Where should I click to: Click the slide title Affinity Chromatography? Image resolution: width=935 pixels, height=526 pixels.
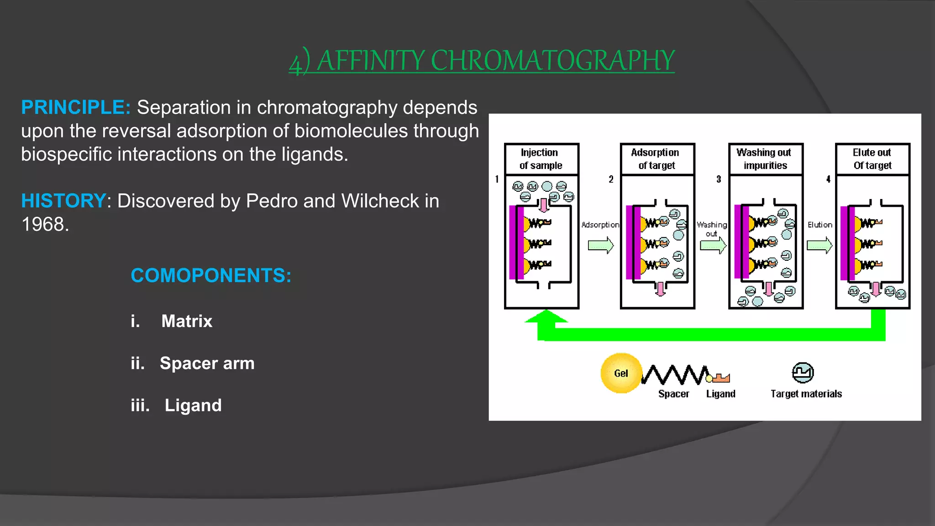482,61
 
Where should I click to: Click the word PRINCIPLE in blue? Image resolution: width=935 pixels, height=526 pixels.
76,108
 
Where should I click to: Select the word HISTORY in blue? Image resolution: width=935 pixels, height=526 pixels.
64,201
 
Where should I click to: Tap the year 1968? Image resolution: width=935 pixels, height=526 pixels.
45,224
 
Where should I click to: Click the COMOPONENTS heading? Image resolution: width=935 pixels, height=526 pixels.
211,275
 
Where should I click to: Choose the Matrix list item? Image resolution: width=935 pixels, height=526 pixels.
186,321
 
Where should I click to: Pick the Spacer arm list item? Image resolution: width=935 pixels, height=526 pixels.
207,363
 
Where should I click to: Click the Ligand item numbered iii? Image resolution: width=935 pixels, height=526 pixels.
193,405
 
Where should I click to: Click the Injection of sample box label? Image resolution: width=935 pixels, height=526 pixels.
541,159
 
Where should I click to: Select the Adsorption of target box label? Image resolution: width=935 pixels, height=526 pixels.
657,159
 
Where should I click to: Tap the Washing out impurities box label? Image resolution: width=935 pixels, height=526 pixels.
765,159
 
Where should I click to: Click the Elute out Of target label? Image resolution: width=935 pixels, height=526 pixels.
872,159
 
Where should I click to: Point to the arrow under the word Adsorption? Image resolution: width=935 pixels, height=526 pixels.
601,245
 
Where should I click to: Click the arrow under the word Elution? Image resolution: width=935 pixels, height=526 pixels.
819,245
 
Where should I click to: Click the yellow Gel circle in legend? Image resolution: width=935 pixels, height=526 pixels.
621,373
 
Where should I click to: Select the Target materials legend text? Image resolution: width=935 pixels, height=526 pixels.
806,394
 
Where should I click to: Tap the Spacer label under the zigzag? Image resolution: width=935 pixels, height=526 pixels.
673,394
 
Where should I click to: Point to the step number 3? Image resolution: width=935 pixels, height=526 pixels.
719,179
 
